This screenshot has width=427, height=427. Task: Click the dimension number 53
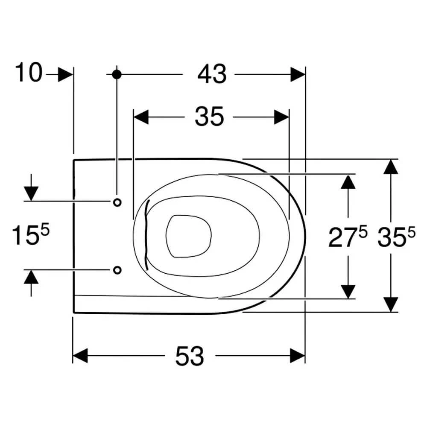(190, 356)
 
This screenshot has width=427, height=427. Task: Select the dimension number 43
(212, 74)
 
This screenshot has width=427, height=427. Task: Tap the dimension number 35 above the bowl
(209, 117)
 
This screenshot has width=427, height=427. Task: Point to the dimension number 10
(29, 72)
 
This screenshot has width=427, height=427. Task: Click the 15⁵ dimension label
(30, 234)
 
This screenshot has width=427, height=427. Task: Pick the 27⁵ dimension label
(348, 237)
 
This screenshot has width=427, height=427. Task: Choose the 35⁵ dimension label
(397, 237)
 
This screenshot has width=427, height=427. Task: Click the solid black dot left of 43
(117, 74)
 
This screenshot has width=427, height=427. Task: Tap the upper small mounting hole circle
(117, 202)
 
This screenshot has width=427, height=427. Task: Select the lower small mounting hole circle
(117, 270)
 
